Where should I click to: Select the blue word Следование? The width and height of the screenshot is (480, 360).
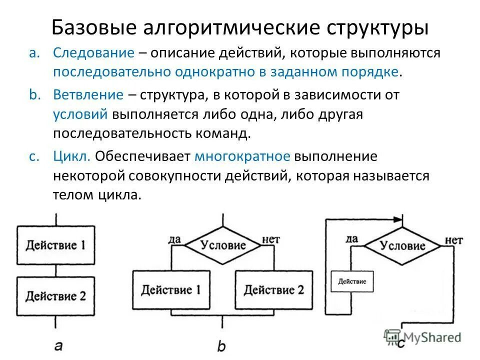point(94,53)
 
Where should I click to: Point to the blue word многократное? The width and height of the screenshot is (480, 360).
point(242,156)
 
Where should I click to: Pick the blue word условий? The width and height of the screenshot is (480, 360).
point(80,114)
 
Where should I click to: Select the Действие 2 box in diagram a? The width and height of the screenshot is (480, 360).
point(55,296)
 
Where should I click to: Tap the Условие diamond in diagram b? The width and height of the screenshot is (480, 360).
point(223,245)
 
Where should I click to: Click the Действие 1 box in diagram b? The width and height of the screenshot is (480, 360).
point(171,290)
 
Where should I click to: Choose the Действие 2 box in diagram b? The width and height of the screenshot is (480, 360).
point(274,290)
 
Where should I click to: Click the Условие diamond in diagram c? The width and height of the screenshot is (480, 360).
point(402,245)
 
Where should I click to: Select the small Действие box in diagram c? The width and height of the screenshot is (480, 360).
point(352,281)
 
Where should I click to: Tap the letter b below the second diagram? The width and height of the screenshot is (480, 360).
point(222,346)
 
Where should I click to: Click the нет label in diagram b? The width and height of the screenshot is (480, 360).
point(270,239)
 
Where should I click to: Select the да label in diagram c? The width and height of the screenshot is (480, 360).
point(351,239)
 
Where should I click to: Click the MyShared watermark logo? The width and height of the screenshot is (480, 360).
point(422,337)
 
